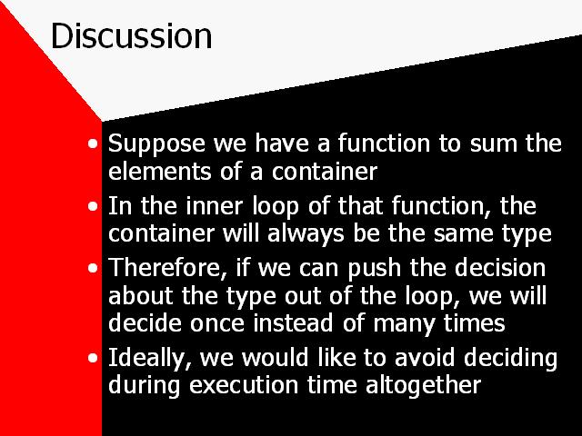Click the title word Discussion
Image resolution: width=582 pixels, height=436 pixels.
(x=131, y=35)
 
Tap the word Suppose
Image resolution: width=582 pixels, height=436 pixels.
(x=156, y=144)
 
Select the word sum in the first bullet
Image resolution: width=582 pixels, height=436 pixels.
(x=493, y=144)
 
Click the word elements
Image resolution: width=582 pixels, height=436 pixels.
(x=160, y=172)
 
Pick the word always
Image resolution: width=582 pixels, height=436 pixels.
(x=306, y=234)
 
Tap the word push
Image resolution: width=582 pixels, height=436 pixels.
(x=375, y=269)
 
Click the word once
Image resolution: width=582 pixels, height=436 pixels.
(x=217, y=324)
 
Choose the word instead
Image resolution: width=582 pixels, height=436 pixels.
(x=293, y=322)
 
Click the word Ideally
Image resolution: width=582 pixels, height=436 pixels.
(x=150, y=359)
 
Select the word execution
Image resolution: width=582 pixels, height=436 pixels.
(x=244, y=385)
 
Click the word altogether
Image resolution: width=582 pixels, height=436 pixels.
(x=423, y=385)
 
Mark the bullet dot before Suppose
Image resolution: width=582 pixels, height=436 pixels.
(x=93, y=144)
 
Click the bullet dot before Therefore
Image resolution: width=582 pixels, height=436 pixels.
(x=93, y=268)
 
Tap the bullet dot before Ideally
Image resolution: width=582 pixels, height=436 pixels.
(x=93, y=358)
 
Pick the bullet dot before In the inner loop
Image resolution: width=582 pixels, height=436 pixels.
(x=93, y=206)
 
